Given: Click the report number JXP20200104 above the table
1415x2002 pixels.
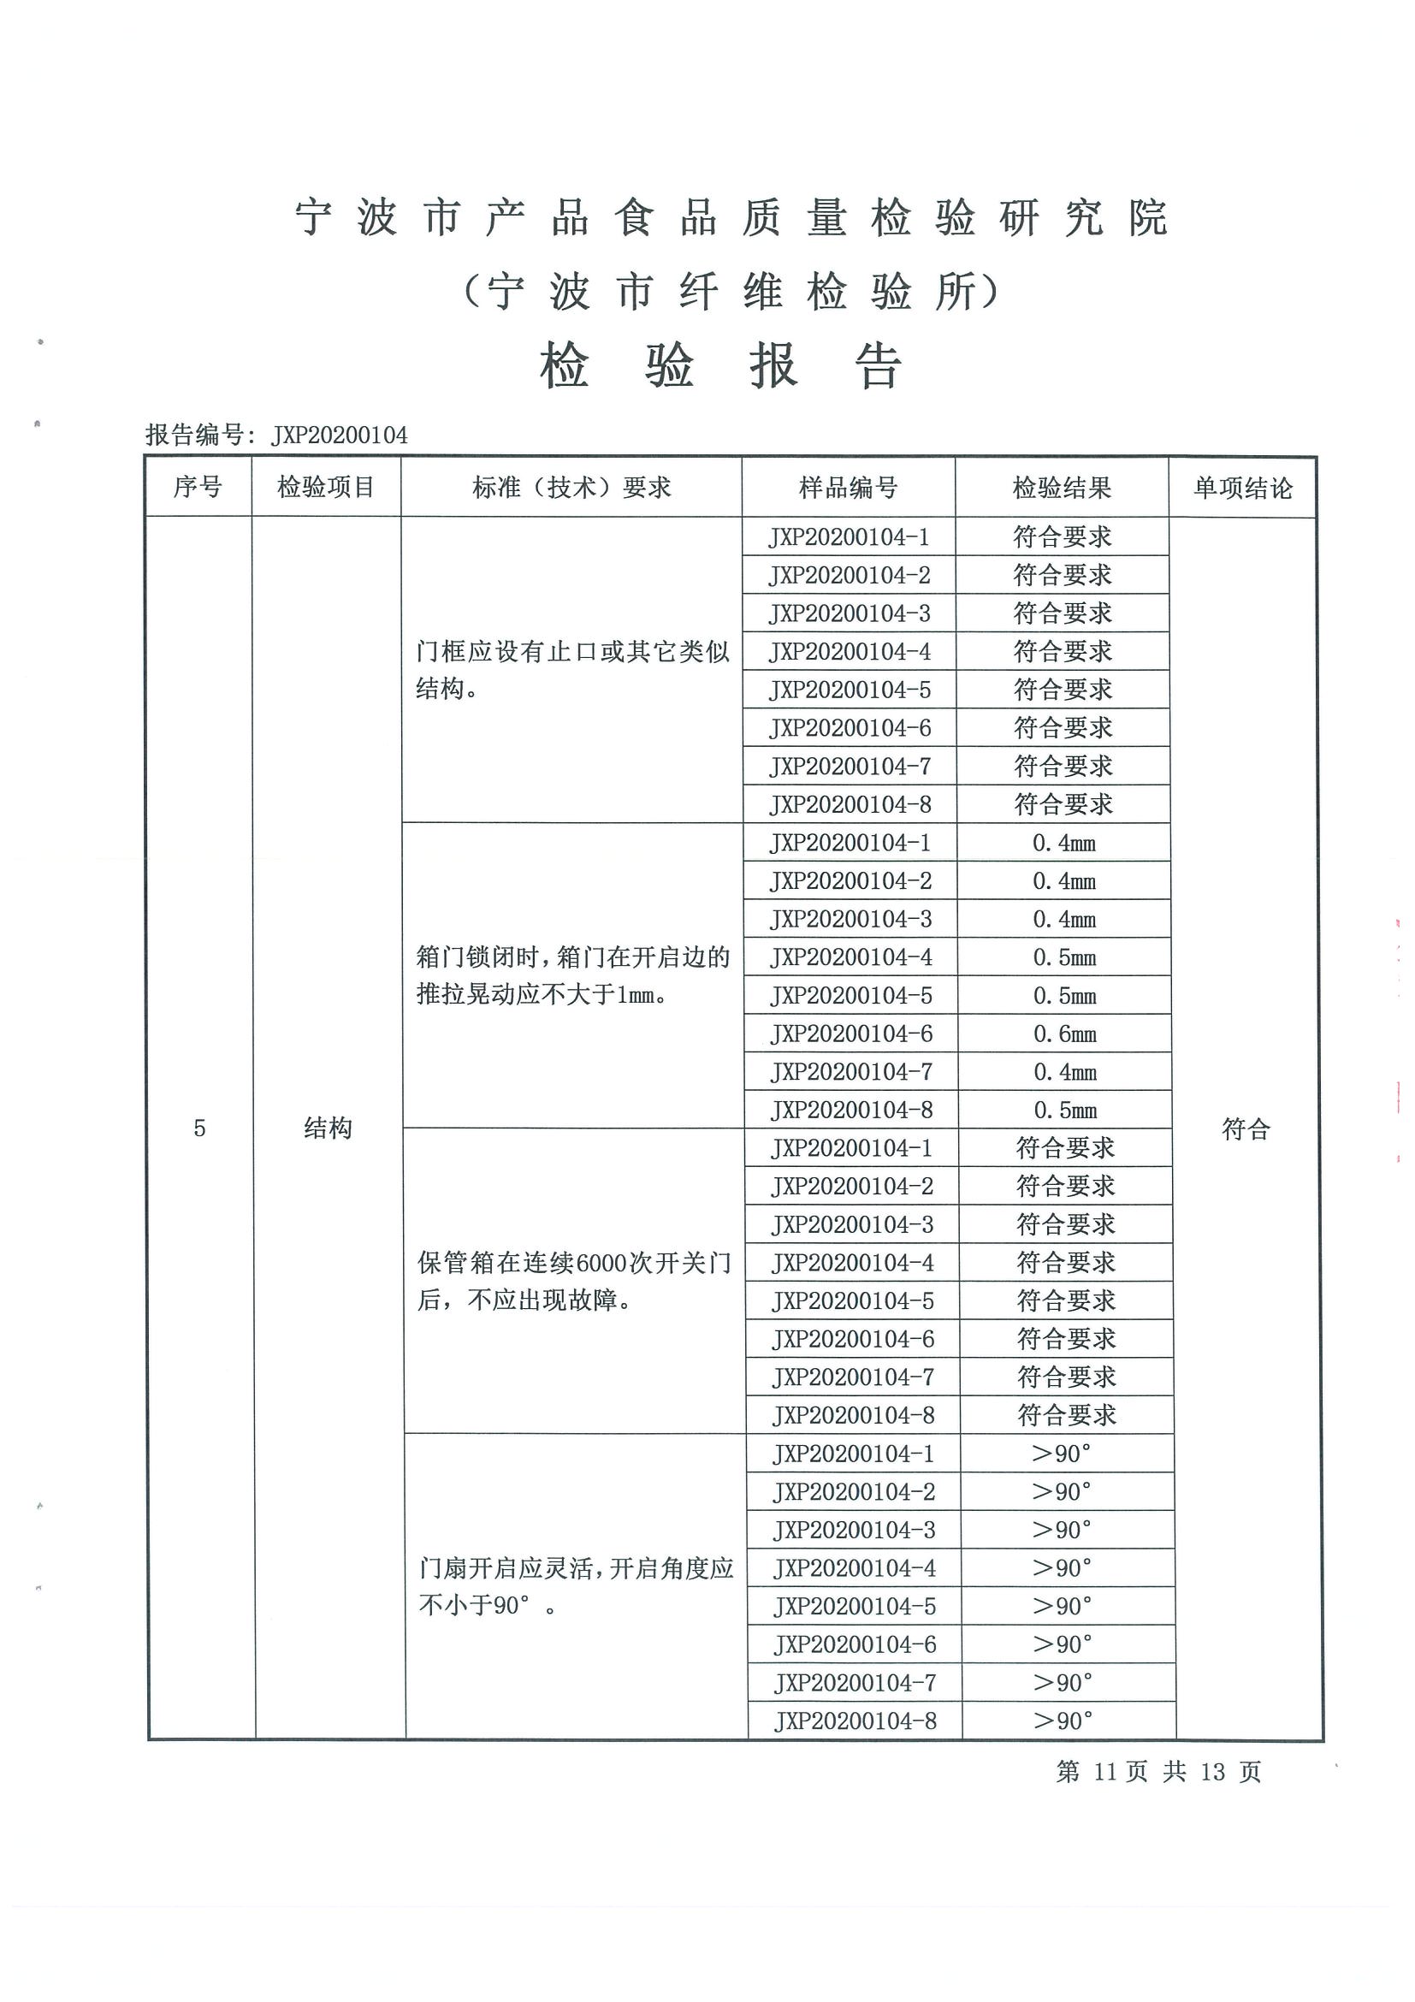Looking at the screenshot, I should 339,435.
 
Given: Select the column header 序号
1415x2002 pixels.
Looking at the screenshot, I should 198,487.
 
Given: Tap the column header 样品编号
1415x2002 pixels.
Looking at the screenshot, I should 849,488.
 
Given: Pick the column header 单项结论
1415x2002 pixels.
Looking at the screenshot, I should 1242,489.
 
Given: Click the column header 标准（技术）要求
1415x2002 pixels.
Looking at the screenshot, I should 572,488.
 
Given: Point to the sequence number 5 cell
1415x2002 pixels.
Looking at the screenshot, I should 199,1128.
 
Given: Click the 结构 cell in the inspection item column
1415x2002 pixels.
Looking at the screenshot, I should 328,1128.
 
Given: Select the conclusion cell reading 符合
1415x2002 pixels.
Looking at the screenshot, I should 1246,1129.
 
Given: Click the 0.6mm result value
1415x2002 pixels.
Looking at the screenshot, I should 1064,1034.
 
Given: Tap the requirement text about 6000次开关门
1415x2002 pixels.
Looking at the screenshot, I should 574,1281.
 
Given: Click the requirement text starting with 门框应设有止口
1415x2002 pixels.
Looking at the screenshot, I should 572,670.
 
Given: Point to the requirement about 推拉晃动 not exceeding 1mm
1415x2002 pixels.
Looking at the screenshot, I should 573,975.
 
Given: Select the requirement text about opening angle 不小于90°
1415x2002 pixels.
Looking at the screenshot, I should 576,1587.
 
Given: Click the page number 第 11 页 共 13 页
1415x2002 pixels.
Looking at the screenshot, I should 1158,1771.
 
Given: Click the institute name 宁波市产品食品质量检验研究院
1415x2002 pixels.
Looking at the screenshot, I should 731,218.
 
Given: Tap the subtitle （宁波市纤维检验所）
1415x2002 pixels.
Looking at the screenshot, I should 731,291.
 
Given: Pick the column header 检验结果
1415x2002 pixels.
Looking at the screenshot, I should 1062,488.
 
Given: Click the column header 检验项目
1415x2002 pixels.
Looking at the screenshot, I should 326,487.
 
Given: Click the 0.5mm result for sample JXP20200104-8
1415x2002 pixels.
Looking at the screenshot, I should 1065,1110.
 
